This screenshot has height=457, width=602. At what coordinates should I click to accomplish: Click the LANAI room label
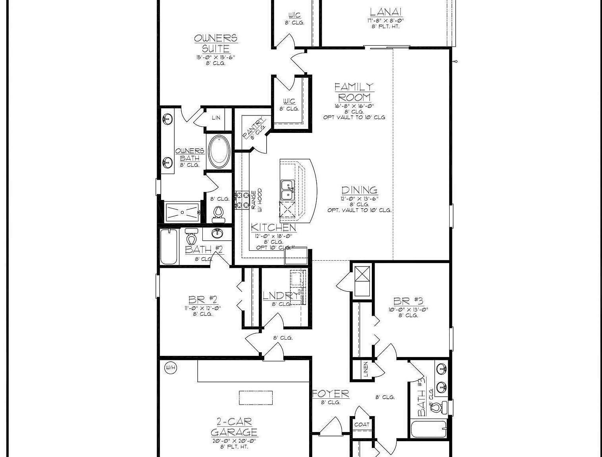click(386, 12)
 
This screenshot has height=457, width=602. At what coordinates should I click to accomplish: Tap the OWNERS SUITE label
click(215, 43)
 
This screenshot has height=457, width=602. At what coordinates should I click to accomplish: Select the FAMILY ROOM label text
click(354, 92)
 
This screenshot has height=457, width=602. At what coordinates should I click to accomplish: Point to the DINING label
click(359, 190)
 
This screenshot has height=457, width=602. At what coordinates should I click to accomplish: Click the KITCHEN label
click(273, 228)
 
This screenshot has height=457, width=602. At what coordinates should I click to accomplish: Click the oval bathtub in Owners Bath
click(218, 152)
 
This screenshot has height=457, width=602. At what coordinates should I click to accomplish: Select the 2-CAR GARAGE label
click(234, 427)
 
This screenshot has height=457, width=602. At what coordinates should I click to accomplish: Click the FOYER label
click(331, 394)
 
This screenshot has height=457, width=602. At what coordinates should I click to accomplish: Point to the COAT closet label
click(362, 424)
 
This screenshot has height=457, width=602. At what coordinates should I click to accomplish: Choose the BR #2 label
click(202, 300)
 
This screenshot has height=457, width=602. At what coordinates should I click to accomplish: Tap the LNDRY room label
click(281, 296)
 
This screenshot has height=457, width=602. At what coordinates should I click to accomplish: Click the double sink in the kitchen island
click(287, 190)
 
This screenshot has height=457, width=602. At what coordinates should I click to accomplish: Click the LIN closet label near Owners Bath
click(216, 118)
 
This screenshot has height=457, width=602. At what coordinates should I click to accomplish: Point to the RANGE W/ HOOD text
click(256, 199)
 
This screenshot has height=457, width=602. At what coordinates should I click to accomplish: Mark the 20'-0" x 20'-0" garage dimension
click(234, 441)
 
